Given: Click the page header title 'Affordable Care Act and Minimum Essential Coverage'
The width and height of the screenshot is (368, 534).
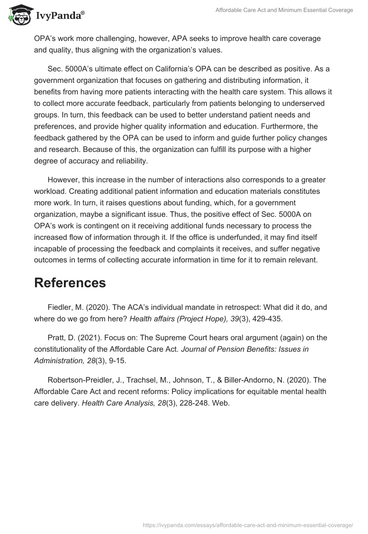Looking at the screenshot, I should pos(284,10).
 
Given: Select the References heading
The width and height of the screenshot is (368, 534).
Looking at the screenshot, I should pos(70,283).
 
